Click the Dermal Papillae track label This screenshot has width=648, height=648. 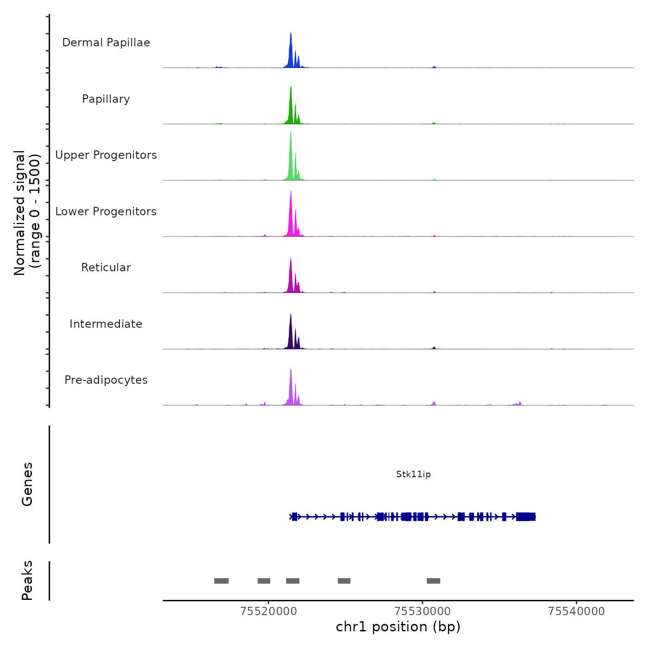click(x=106, y=43)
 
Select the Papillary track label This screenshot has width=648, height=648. click(x=106, y=99)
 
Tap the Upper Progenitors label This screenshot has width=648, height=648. click(x=106, y=155)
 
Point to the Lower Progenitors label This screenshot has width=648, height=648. click(x=106, y=212)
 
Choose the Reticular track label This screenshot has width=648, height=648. click(x=106, y=268)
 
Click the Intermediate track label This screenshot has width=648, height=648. click(x=106, y=324)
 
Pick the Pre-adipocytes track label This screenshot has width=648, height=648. click(x=106, y=380)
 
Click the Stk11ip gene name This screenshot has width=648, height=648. click(x=413, y=474)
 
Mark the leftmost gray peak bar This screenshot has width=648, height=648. click(x=221, y=581)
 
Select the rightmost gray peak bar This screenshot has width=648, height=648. click(x=433, y=581)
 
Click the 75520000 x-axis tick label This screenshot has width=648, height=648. click(x=268, y=611)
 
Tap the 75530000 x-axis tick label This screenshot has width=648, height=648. click(x=423, y=611)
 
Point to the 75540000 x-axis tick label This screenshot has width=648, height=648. click(x=576, y=611)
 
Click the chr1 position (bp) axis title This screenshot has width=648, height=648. click(x=398, y=627)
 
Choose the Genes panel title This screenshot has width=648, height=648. click(x=27, y=484)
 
